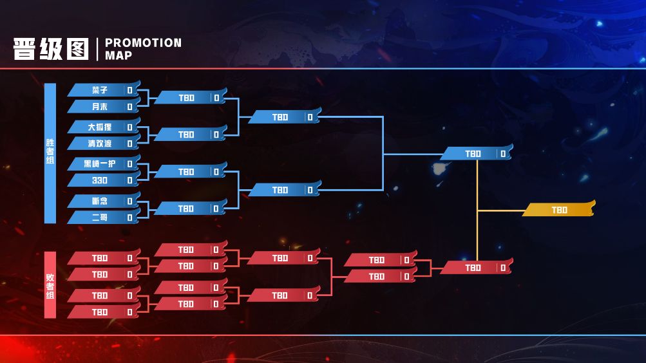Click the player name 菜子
point(100,90)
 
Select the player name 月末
point(100,107)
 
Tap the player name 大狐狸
point(100,127)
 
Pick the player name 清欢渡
point(100,144)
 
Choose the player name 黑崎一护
point(100,163)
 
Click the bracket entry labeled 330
point(100,180)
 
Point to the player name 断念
point(100,201)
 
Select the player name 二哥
point(100,218)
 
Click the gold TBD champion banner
point(559,210)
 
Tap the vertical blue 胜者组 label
point(50,153)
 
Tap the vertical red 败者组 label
point(50,285)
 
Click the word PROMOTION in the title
point(143,43)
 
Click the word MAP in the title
point(119,55)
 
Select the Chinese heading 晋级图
point(51,49)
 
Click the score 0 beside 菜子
point(129,90)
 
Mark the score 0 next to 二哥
point(129,218)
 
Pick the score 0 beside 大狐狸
point(129,127)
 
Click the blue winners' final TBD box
point(473,154)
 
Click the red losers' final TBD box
point(473,268)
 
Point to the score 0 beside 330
point(129,180)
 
